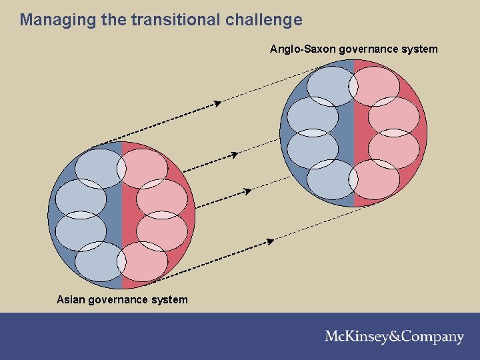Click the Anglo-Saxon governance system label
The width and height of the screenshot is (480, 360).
[353, 49]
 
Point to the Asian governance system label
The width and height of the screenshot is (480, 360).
[122, 299]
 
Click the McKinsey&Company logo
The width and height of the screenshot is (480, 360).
[394, 337]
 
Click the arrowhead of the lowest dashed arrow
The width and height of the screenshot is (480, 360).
[270, 241]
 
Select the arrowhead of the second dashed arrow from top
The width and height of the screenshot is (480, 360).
[235, 155]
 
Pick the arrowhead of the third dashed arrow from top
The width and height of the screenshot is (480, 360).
[247, 191]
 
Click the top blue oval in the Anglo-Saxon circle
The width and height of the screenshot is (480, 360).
[331, 85]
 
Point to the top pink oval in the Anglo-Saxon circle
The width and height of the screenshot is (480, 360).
[375, 85]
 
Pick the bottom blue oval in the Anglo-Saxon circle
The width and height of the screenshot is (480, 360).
[331, 179]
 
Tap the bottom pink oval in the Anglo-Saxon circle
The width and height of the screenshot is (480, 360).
[375, 179]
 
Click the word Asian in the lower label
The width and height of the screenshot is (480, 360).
[71, 299]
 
